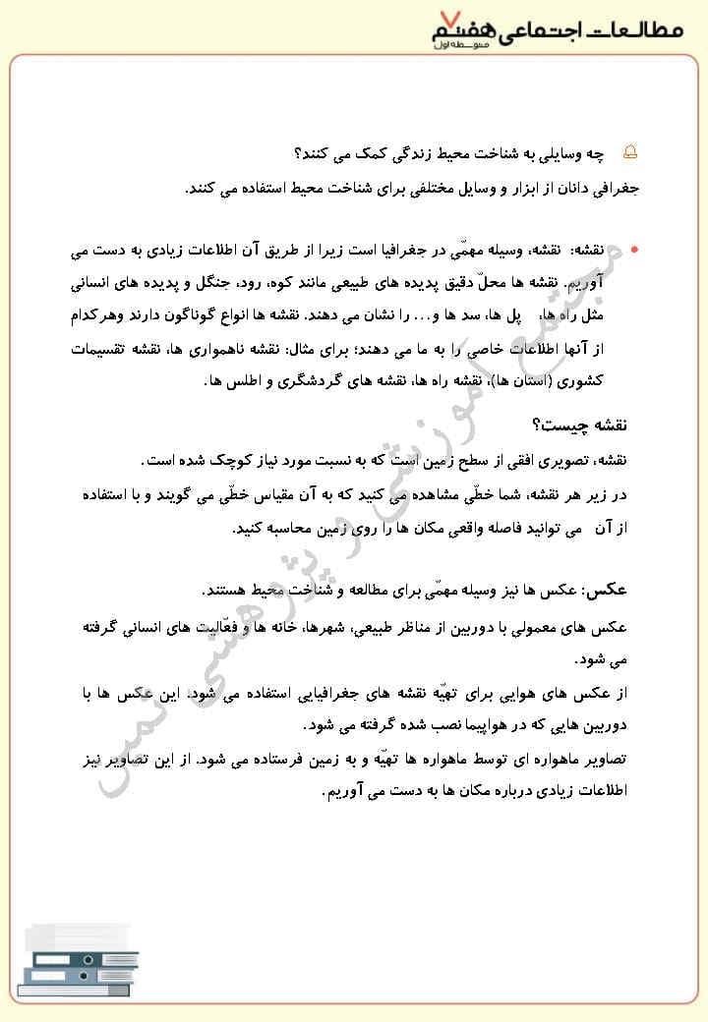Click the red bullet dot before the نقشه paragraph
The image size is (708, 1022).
634,251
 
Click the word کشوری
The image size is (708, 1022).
607,379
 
